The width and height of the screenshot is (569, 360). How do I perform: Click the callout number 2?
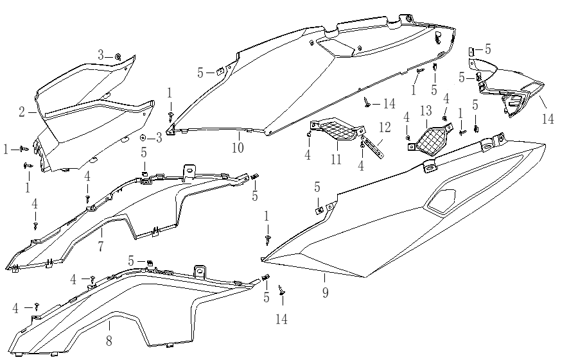pos(22,112)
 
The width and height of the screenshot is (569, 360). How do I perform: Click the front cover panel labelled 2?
pos(90,106)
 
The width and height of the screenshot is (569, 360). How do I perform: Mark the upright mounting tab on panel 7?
pos(189,171)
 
